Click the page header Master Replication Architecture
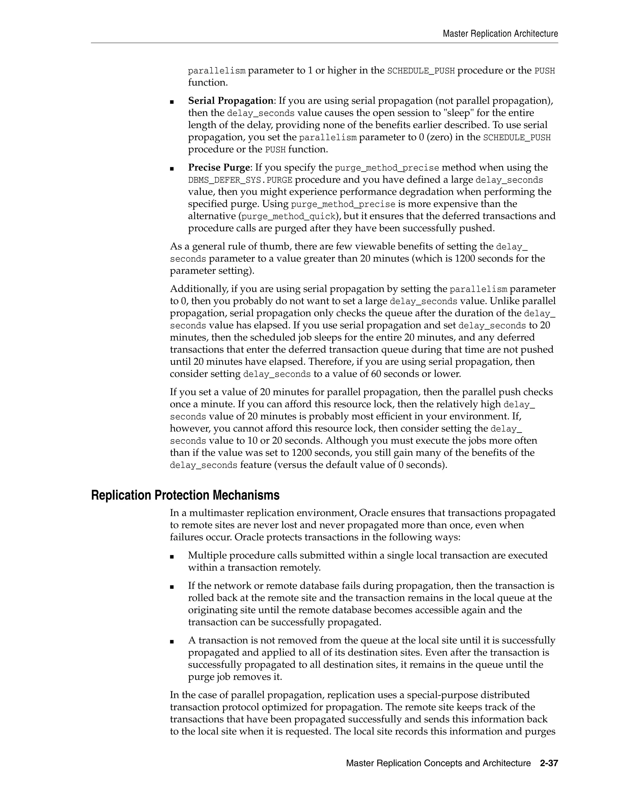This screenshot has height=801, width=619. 500,34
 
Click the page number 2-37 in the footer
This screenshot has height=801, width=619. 549,763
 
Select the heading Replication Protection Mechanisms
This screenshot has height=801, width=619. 185,495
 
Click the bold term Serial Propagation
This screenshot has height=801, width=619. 231,101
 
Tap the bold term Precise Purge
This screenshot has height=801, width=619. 219,168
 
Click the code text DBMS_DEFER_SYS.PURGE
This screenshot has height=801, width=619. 240,180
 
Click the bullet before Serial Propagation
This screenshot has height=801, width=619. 172,102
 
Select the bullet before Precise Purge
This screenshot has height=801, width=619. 172,168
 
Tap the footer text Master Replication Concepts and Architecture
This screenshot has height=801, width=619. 438,763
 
